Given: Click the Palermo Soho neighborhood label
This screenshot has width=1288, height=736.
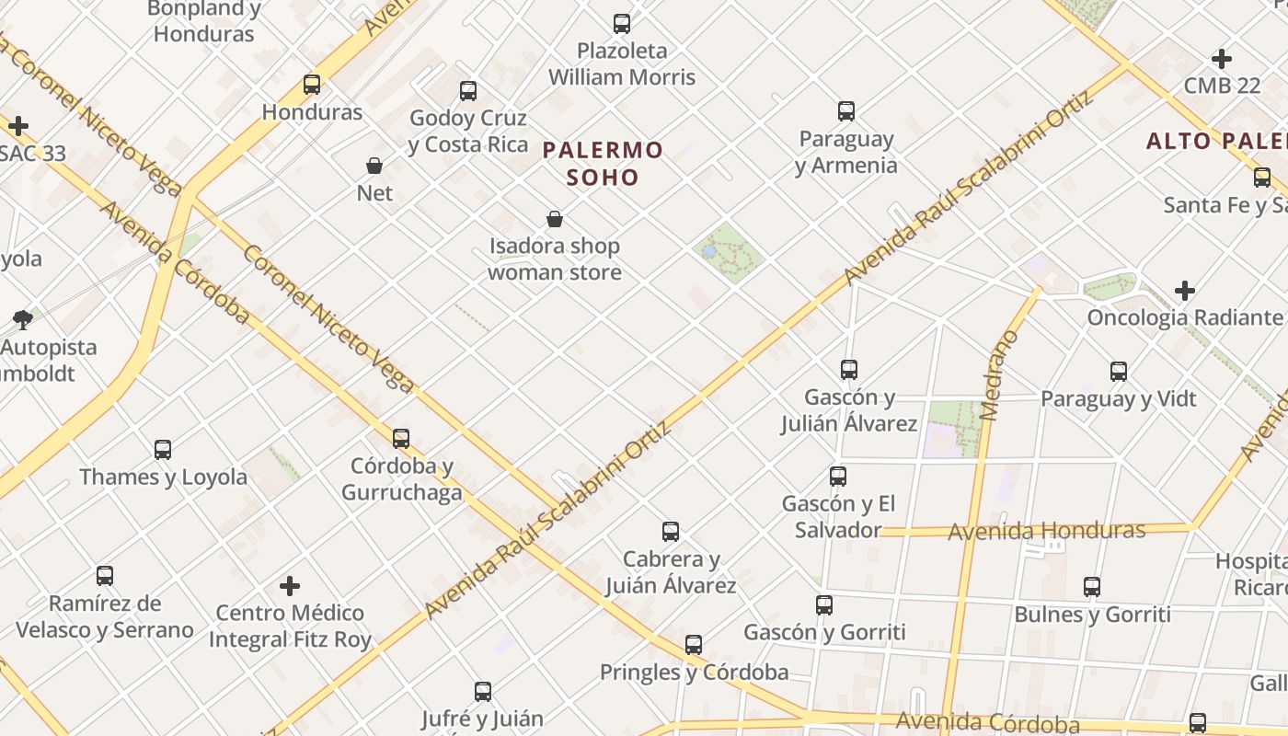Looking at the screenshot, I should coord(603,163).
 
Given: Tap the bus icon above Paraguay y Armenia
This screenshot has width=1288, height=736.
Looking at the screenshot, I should coord(846,111).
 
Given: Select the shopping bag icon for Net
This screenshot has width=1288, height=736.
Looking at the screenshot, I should coord(374,166).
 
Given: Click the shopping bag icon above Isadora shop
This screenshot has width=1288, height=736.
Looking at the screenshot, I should coord(555,219).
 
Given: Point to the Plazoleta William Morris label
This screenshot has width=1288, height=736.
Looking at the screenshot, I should coord(622,63).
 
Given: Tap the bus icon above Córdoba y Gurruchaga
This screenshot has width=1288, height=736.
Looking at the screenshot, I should coord(401,439).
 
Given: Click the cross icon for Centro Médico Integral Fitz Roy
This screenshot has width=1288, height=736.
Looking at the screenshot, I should coord(290,586).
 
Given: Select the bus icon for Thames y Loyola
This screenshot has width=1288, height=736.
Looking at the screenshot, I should coord(163,450).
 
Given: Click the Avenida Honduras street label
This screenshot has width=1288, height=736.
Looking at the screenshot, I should coord(1046,531).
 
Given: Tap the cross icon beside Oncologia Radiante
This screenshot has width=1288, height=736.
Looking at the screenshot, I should coord(1185,292).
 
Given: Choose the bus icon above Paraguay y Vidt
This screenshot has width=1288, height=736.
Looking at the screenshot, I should coord(1119,372).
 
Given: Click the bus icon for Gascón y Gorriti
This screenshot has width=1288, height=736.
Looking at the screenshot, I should coord(824,605).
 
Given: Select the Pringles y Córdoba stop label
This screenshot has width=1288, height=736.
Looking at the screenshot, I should coord(694,673).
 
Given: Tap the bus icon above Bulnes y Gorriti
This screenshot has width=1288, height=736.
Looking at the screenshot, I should coord(1092,587).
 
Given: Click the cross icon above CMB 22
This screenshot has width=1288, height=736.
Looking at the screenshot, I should coord(1222,59).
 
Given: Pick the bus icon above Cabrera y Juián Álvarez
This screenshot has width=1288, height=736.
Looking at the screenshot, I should coord(671,532).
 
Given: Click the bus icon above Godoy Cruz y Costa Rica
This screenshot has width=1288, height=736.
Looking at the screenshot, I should coord(468,91).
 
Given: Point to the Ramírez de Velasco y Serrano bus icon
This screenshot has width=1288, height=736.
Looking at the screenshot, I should coord(105,576).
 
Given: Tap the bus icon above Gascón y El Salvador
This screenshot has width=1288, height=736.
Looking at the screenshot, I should coord(838,477).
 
